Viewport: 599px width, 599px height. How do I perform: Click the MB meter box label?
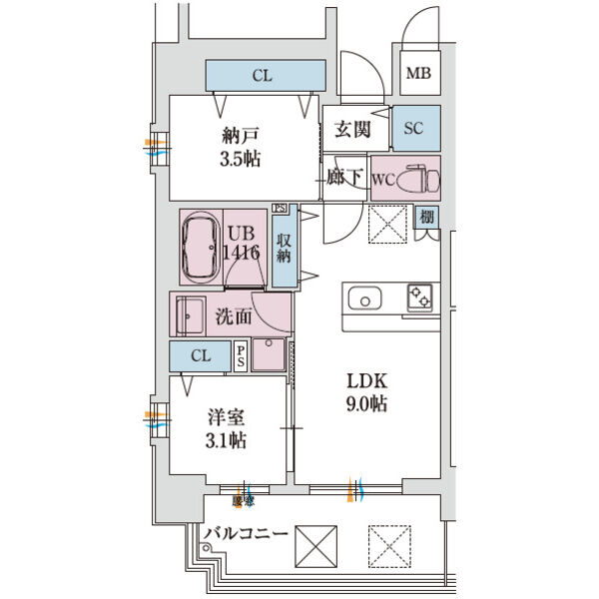pyautogui.click(x=417, y=74)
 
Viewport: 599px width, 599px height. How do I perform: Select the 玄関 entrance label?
pyautogui.click(x=351, y=128)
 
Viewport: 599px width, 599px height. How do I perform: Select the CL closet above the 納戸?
pyautogui.click(x=266, y=75)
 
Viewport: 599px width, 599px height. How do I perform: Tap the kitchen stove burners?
pyautogui.click(x=417, y=298)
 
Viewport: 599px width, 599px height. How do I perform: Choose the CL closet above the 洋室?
pyautogui.click(x=201, y=356)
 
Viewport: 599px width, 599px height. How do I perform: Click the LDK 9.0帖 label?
pyautogui.click(x=366, y=392)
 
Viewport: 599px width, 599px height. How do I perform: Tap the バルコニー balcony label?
pyautogui.click(x=246, y=534)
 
